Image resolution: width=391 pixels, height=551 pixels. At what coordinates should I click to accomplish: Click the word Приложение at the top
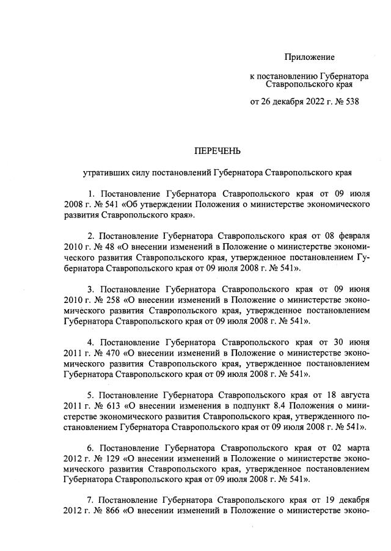coord(309,57)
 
